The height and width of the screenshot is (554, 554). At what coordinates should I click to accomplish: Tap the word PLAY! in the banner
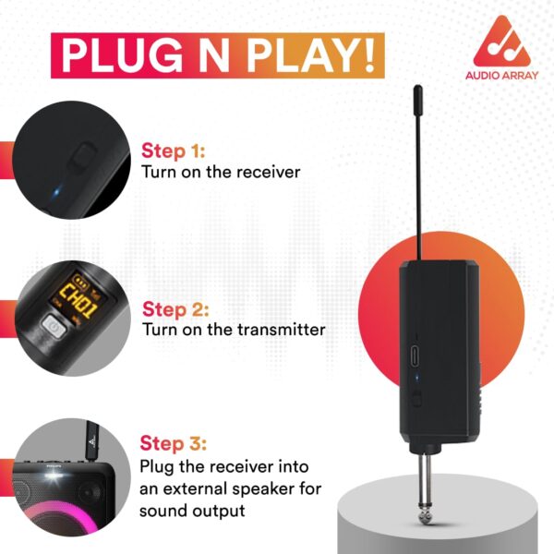tap(310, 55)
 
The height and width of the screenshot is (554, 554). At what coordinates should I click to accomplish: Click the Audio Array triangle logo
tap(501, 41)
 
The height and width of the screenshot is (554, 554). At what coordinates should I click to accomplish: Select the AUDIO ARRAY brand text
tap(501, 76)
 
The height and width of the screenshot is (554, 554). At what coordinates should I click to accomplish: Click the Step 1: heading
tap(174, 151)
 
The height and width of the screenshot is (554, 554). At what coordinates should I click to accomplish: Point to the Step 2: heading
tap(175, 309)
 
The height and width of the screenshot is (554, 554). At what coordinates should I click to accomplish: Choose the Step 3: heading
tap(174, 443)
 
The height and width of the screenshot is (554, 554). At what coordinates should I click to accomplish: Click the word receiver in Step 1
tap(268, 173)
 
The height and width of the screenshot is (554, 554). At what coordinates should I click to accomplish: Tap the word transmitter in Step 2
tap(282, 330)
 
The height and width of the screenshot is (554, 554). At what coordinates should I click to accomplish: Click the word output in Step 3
tap(218, 511)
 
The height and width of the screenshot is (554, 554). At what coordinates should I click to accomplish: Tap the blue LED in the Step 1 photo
tap(56, 193)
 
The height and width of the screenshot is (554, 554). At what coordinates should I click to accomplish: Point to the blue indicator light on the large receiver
tap(417, 378)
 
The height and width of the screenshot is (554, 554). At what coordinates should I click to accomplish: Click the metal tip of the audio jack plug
tap(425, 514)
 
